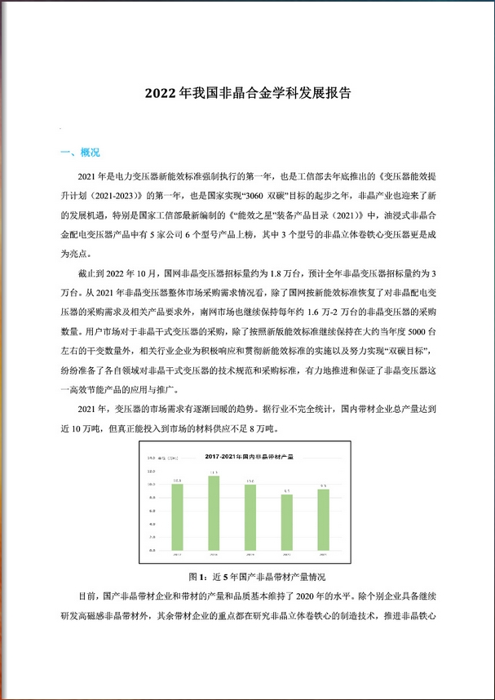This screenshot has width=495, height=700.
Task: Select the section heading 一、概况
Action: click(80, 153)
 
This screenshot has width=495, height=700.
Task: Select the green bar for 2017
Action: click(176, 517)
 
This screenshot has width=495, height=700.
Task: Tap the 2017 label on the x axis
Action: click(176, 554)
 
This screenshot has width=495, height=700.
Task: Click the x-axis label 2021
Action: click(324, 554)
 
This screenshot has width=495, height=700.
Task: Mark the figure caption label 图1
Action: click(198, 574)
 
